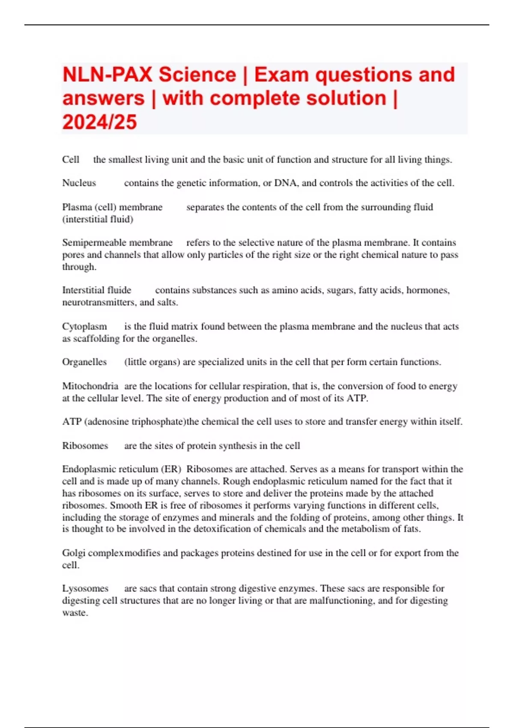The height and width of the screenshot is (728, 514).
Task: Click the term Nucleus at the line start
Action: (x=79, y=183)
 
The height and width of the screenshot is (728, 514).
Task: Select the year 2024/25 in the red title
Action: (x=99, y=122)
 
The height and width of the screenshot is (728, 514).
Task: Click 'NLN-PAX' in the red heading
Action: (x=107, y=75)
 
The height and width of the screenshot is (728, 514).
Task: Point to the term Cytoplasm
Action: (x=84, y=327)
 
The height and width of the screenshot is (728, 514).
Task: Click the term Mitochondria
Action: (x=90, y=386)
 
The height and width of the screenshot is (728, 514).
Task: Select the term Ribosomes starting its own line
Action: (x=85, y=446)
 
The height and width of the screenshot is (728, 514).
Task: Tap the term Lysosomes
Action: (x=85, y=589)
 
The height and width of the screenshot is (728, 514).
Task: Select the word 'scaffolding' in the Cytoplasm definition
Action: (x=96, y=339)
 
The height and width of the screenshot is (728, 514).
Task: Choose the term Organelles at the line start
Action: (x=84, y=362)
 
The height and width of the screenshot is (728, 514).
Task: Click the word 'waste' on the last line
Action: (x=75, y=613)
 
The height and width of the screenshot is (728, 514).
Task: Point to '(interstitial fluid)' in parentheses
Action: (x=98, y=219)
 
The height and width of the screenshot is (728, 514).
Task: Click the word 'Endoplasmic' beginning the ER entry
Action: (x=89, y=469)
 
